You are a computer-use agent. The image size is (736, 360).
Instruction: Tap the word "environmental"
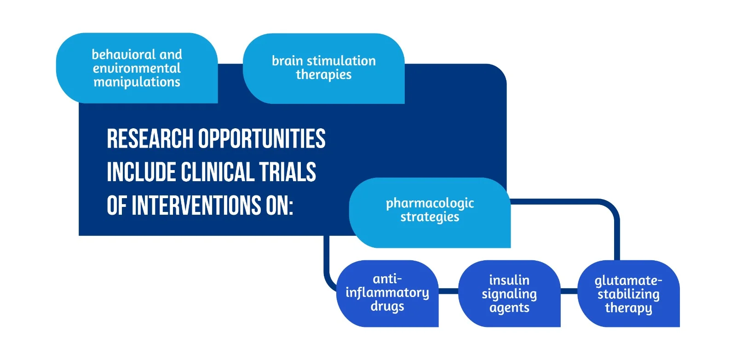137,69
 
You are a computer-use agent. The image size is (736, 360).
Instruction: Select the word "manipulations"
137,82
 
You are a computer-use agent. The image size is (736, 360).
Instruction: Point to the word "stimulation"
341,61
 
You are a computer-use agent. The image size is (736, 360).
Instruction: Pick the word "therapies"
323,74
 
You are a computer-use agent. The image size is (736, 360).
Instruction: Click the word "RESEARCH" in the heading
150,139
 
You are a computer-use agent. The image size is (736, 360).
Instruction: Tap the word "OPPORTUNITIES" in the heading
262,139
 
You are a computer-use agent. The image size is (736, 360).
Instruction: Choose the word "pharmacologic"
430,203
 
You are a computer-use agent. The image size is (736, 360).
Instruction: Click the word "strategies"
430,217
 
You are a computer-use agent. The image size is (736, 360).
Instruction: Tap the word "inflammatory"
387,293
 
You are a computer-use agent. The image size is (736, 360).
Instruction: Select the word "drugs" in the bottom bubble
387,307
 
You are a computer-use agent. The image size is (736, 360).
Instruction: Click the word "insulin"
509,280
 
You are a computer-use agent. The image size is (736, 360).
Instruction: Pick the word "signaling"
509,294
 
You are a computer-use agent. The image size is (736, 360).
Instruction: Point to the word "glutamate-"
628,280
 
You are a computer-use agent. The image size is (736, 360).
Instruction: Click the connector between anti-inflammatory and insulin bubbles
448,291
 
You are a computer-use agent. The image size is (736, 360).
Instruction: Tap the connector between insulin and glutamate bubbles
569,291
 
